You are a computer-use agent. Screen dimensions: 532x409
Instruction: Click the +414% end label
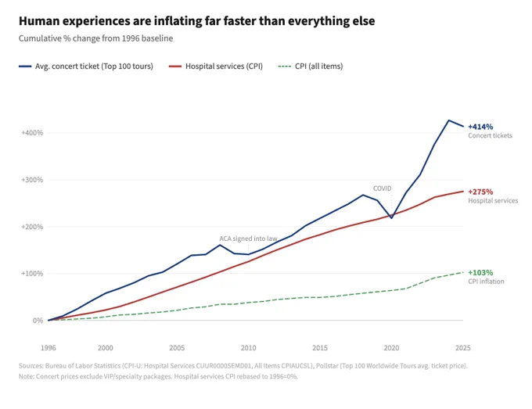480,127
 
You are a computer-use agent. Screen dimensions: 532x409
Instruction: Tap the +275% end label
480,192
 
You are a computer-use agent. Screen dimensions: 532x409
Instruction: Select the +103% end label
480,273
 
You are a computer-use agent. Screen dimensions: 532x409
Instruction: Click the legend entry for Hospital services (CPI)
216,66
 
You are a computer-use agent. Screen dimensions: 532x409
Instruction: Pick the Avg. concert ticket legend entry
86,66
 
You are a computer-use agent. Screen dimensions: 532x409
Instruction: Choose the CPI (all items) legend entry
311,66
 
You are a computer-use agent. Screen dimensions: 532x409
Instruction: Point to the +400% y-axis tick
32,133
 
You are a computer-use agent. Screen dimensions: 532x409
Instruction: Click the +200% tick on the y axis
32,227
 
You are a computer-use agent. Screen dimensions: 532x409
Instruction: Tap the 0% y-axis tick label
38,321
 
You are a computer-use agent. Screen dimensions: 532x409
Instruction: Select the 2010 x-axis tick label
248,348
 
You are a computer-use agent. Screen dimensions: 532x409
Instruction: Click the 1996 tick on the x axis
49,348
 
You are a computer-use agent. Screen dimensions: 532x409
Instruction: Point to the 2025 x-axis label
463,348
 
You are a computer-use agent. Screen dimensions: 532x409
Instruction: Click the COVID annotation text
382,188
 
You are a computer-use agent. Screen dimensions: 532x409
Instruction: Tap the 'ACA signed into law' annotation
248,239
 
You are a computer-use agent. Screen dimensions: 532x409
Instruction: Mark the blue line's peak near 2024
448,120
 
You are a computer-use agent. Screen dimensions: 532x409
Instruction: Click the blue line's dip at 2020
391,218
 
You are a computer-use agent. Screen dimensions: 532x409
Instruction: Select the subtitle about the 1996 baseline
95,38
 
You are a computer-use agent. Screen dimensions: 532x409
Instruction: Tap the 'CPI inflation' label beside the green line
486,282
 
